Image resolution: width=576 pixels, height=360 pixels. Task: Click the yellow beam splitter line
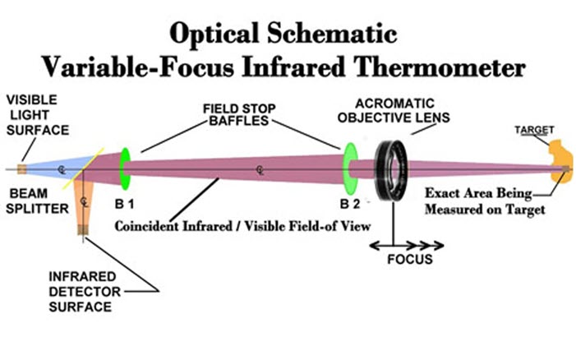[x=83, y=168]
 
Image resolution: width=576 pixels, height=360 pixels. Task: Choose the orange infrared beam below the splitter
[x=83, y=202]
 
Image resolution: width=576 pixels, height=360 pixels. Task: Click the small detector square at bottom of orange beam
[x=83, y=230]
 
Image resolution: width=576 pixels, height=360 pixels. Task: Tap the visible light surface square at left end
[x=21, y=169]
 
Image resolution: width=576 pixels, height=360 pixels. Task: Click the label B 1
[x=124, y=204]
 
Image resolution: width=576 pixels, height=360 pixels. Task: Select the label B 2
[x=350, y=204]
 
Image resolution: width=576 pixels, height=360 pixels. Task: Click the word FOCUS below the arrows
[x=410, y=260]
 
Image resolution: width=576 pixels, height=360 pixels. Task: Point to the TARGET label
[x=534, y=130]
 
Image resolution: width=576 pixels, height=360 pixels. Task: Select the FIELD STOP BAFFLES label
[x=239, y=114]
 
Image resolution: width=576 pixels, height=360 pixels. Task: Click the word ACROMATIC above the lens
[x=394, y=104]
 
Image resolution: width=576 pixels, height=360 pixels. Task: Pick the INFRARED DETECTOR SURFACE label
[x=85, y=292]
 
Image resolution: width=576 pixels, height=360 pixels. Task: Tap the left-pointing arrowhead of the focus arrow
[x=374, y=246]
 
